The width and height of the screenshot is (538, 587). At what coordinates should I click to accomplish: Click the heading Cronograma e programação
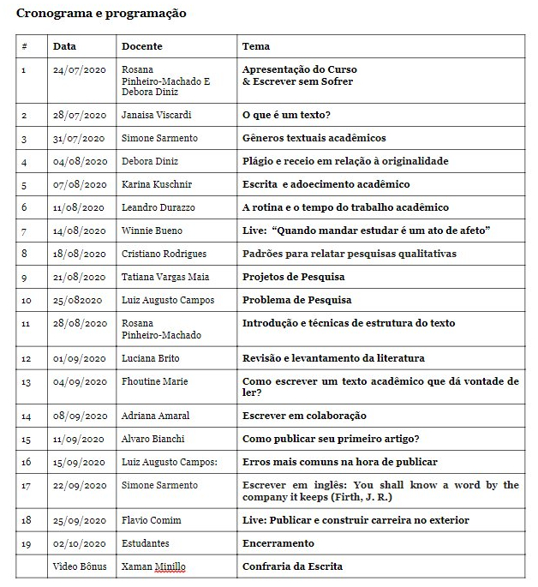pos(101,14)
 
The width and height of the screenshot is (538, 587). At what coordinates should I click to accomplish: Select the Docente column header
pos(141,46)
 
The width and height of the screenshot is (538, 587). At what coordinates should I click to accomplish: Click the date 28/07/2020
pos(79,115)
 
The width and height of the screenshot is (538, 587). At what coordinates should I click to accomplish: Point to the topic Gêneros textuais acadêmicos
pos(314,138)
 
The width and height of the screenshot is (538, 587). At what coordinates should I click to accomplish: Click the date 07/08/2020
pos(79,184)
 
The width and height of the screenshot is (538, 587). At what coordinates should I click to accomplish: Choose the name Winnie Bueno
pos(152,231)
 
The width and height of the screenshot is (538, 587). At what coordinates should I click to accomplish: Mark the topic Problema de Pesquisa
pos(296,300)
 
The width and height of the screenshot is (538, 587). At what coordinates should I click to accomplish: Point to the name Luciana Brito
pos(151,358)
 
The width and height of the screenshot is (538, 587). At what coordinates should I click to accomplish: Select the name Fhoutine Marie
pos(155,381)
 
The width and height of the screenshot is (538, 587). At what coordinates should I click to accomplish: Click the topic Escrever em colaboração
pos(304,416)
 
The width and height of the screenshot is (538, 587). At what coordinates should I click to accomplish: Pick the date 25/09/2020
pos(79,520)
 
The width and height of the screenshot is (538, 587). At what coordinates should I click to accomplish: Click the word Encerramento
pos(278,543)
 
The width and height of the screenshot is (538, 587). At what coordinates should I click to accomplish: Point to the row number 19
pos(26,543)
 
